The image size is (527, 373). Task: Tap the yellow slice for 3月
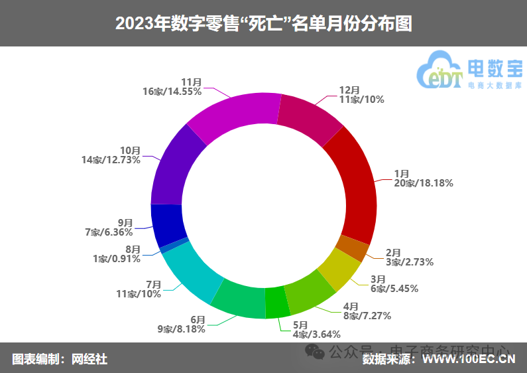click(x=338, y=269)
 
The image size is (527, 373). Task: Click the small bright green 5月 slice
click(x=277, y=303)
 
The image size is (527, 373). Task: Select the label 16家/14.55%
click(x=172, y=92)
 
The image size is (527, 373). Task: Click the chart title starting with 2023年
click(x=264, y=24)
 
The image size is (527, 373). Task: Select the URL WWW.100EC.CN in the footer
click(x=469, y=360)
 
